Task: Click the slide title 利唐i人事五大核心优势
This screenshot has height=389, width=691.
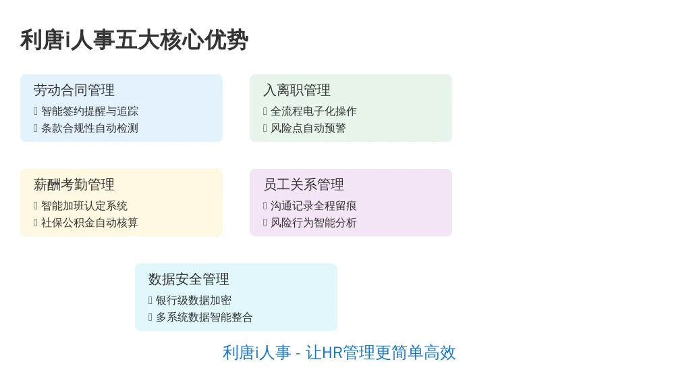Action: (134, 40)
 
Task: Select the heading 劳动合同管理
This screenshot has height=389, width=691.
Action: (74, 90)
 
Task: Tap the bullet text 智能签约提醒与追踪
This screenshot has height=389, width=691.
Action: (90, 111)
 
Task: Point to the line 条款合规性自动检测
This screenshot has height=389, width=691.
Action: (90, 128)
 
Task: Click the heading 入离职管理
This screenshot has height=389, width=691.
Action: (297, 90)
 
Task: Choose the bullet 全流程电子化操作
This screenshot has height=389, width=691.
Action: (314, 111)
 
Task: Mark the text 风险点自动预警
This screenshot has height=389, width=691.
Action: (308, 128)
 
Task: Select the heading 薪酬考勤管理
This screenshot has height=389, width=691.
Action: (74, 185)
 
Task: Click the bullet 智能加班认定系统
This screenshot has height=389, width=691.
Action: (84, 206)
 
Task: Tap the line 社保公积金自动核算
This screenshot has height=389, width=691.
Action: (90, 223)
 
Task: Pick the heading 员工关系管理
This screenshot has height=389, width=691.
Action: (304, 185)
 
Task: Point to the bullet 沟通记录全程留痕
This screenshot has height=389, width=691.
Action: (314, 206)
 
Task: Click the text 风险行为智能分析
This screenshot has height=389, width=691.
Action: (314, 223)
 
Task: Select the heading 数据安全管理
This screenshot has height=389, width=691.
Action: (189, 279)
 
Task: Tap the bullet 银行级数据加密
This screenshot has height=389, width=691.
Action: (194, 301)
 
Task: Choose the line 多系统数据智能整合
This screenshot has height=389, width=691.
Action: (204, 317)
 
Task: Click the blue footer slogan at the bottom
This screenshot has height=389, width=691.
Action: (339, 353)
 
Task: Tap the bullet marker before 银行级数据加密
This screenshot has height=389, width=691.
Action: (150, 301)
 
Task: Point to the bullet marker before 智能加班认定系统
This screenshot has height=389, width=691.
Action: (36, 206)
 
